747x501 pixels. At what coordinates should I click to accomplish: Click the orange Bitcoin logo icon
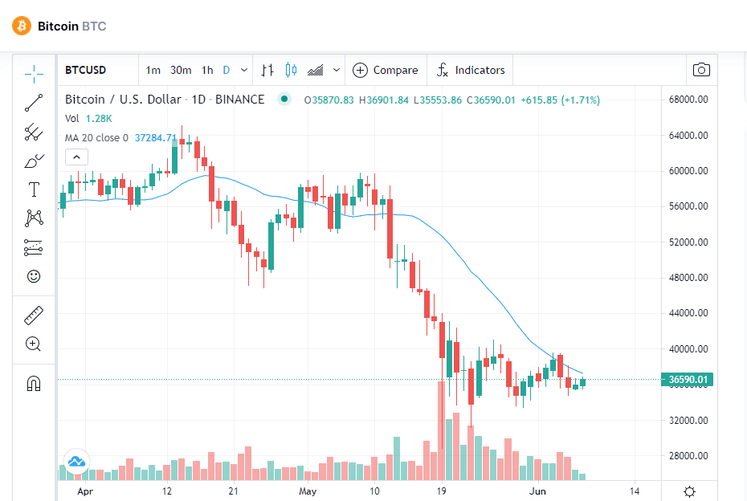[22, 26]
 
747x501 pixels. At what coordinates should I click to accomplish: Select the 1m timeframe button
[153, 71]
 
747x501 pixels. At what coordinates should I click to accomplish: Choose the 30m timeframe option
[181, 71]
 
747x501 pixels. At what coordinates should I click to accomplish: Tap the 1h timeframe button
[207, 71]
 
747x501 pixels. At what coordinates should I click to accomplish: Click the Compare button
[386, 71]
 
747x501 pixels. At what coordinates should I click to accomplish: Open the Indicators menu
[470, 71]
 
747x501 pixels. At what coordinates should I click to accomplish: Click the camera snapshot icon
[701, 70]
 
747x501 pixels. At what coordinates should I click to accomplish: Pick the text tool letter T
[34, 189]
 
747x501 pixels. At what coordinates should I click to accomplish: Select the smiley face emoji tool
[34, 276]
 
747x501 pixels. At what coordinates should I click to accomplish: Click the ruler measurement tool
[34, 316]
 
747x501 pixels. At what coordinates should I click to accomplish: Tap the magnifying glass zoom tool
[34, 344]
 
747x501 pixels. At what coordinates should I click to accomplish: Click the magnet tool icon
[34, 383]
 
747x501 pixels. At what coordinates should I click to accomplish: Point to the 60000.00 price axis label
[688, 170]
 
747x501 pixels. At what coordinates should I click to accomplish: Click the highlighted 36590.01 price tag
[688, 380]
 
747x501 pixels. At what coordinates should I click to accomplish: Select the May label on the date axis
[308, 491]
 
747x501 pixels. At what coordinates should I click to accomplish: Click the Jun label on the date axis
[538, 491]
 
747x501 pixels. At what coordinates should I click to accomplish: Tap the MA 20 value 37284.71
[156, 137]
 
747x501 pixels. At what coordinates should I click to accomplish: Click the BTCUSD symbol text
[86, 70]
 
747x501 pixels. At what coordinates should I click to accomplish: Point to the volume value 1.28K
[99, 119]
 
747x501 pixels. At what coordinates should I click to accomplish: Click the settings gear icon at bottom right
[689, 491]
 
